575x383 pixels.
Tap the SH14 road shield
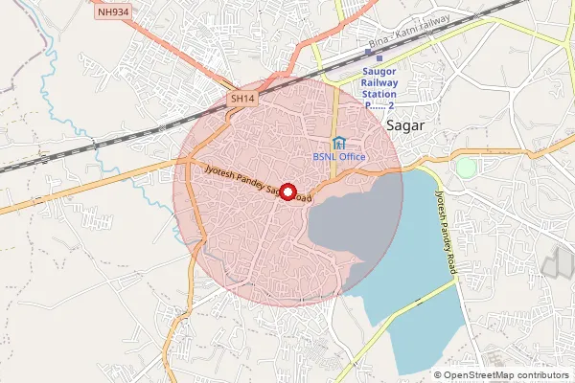[241, 98]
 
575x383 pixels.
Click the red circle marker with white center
[287, 191]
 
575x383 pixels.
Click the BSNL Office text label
[339, 157]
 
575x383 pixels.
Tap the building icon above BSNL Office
[338, 143]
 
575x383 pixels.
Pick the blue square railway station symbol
[379, 58]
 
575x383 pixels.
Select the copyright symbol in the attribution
[437, 374]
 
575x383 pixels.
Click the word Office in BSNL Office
[353, 157]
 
